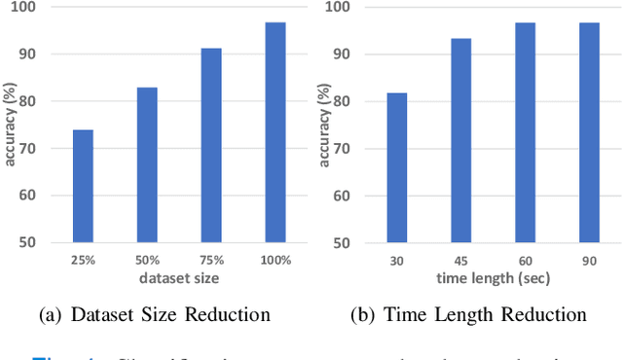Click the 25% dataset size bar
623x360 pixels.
tap(83, 186)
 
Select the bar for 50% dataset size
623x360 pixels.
tap(147, 164)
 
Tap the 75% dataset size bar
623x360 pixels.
tap(211, 145)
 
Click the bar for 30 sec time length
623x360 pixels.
tap(396, 167)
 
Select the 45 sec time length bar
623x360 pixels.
tap(460, 140)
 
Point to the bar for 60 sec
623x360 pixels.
tap(525, 132)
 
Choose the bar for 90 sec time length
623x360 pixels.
tap(589, 132)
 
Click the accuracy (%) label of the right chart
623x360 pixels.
tap(324, 126)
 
